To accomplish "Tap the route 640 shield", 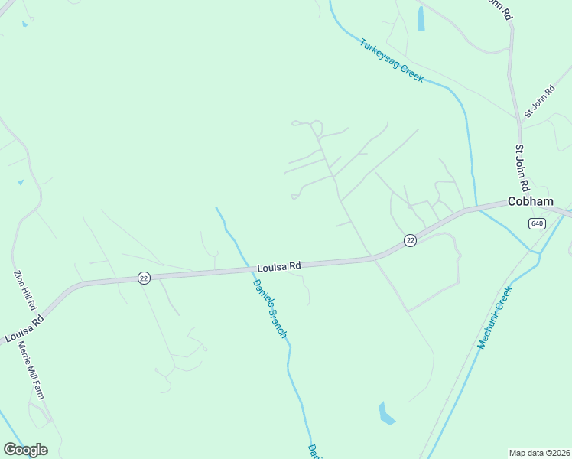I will pyautogui.click(x=536, y=223).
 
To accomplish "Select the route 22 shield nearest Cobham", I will pyautogui.click(x=411, y=240).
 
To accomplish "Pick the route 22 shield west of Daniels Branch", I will pyautogui.click(x=144, y=278).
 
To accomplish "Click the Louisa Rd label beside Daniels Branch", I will pyautogui.click(x=279, y=266).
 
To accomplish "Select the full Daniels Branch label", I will pyautogui.click(x=270, y=308).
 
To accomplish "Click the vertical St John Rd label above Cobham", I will pyautogui.click(x=522, y=168).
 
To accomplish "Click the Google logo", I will pyautogui.click(x=25, y=450).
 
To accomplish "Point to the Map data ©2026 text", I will pyautogui.click(x=540, y=453).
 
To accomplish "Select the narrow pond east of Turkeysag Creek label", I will pyautogui.click(x=421, y=19).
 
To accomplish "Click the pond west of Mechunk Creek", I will pyautogui.click(x=386, y=414).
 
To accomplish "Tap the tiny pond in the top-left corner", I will pyautogui.click(x=24, y=24).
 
